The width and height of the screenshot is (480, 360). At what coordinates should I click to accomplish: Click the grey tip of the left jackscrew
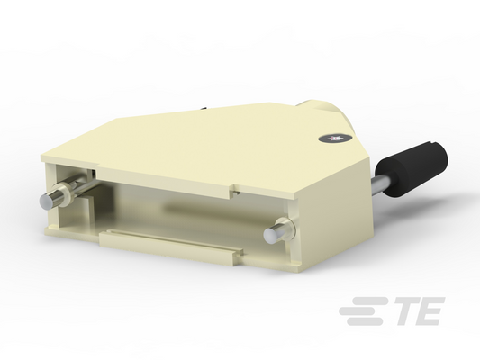pos(45,202)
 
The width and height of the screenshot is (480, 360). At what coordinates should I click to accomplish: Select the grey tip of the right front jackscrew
pos(269,235)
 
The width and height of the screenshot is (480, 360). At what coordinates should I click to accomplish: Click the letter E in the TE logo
pos(431,311)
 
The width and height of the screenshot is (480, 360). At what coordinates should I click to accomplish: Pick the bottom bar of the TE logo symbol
pos(365,321)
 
